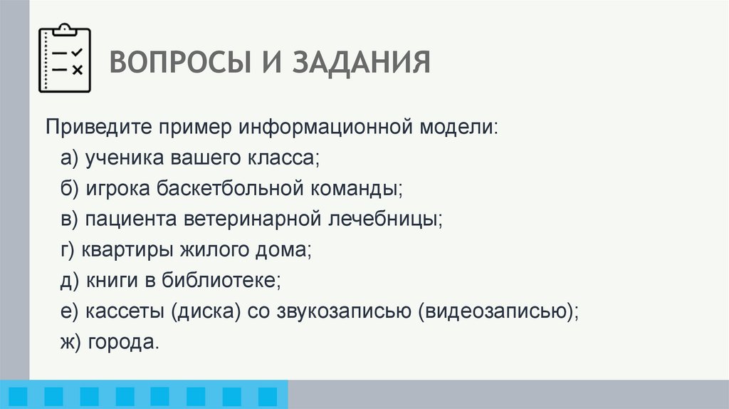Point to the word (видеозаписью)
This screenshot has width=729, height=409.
pyautogui.click(x=499, y=311)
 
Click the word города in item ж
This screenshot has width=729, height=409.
pyautogui.click(x=122, y=341)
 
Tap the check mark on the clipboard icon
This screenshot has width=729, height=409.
pyautogui.click(x=78, y=52)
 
